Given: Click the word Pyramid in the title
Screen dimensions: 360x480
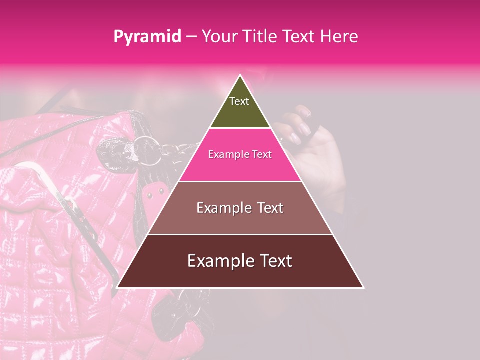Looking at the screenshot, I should pyautogui.click(x=147, y=37).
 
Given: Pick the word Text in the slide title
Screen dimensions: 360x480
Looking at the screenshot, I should pyautogui.click(x=299, y=36).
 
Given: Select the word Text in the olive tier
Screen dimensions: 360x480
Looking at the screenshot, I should pyautogui.click(x=239, y=101).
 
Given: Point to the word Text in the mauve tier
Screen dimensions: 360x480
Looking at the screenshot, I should pyautogui.click(x=268, y=208).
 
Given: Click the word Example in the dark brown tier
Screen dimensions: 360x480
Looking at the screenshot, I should pyautogui.click(x=215, y=261).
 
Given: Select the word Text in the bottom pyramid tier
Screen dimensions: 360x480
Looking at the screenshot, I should pyautogui.click(x=274, y=261).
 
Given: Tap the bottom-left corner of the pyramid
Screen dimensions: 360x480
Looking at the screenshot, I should pyautogui.click(x=117, y=288).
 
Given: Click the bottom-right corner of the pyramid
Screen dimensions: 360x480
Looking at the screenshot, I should pyautogui.click(x=363, y=288).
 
